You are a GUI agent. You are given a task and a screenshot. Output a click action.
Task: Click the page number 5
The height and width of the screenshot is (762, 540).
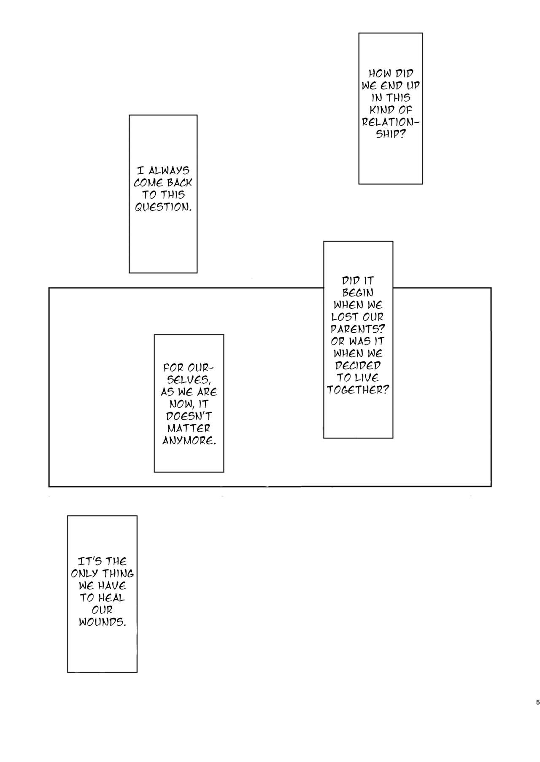click(x=537, y=703)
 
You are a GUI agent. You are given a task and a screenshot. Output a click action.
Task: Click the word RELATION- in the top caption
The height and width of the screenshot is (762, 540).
click(x=391, y=122)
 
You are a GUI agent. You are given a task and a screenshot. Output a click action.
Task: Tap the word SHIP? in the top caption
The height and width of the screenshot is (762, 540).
click(x=390, y=135)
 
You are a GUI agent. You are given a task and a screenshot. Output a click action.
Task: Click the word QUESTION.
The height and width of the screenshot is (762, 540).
click(x=163, y=207)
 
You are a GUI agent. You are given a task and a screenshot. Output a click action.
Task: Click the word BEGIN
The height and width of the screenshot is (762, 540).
click(x=358, y=293)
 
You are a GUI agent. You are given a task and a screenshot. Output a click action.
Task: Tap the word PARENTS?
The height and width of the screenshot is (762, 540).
click(x=358, y=329)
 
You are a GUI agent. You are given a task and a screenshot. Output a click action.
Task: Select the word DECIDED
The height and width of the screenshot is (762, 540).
click(x=358, y=366)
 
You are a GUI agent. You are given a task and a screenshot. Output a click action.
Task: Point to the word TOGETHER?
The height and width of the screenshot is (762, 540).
click(x=358, y=390)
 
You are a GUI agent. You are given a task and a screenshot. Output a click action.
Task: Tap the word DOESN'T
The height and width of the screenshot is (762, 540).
click(x=189, y=416)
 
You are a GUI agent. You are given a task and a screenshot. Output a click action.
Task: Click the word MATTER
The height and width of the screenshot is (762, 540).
click(x=189, y=428)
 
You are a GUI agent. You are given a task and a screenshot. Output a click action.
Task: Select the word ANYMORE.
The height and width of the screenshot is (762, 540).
click(x=189, y=441)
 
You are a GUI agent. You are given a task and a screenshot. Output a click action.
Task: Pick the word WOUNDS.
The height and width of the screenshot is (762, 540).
click(x=102, y=622)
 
